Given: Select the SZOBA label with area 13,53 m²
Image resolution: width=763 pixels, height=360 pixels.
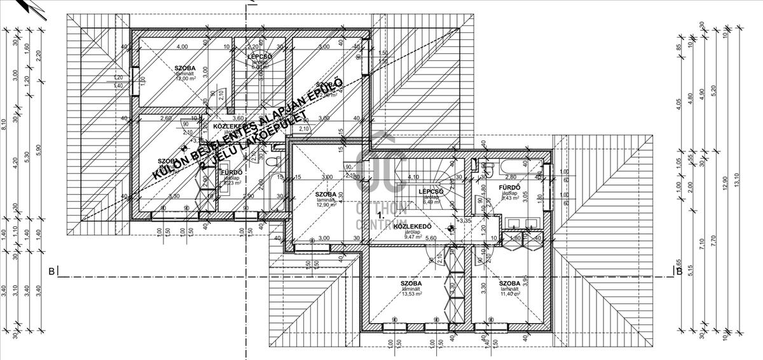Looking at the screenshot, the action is point(411,284).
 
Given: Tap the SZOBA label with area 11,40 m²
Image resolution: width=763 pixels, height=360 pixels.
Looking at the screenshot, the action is point(510,284).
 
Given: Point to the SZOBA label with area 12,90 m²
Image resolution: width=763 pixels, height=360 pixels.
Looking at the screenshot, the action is point(326,195).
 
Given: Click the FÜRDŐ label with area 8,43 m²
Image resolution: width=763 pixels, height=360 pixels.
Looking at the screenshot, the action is point(510,187).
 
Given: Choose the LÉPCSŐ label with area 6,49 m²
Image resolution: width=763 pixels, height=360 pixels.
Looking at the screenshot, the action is point(430,191).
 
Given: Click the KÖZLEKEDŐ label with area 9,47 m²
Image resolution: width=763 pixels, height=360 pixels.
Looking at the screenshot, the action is point(413,226).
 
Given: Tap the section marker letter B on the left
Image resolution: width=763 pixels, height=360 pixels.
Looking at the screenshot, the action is point(51,271).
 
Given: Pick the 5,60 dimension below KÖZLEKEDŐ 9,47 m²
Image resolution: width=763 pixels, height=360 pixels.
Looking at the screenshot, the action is point(430,239).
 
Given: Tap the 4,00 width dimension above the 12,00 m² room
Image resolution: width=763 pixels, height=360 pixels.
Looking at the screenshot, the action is point(182,46).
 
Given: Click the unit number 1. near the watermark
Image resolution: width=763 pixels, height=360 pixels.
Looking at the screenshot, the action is point(381,216).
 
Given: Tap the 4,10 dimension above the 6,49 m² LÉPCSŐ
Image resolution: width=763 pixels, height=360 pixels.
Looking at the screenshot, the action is point(413,177).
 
